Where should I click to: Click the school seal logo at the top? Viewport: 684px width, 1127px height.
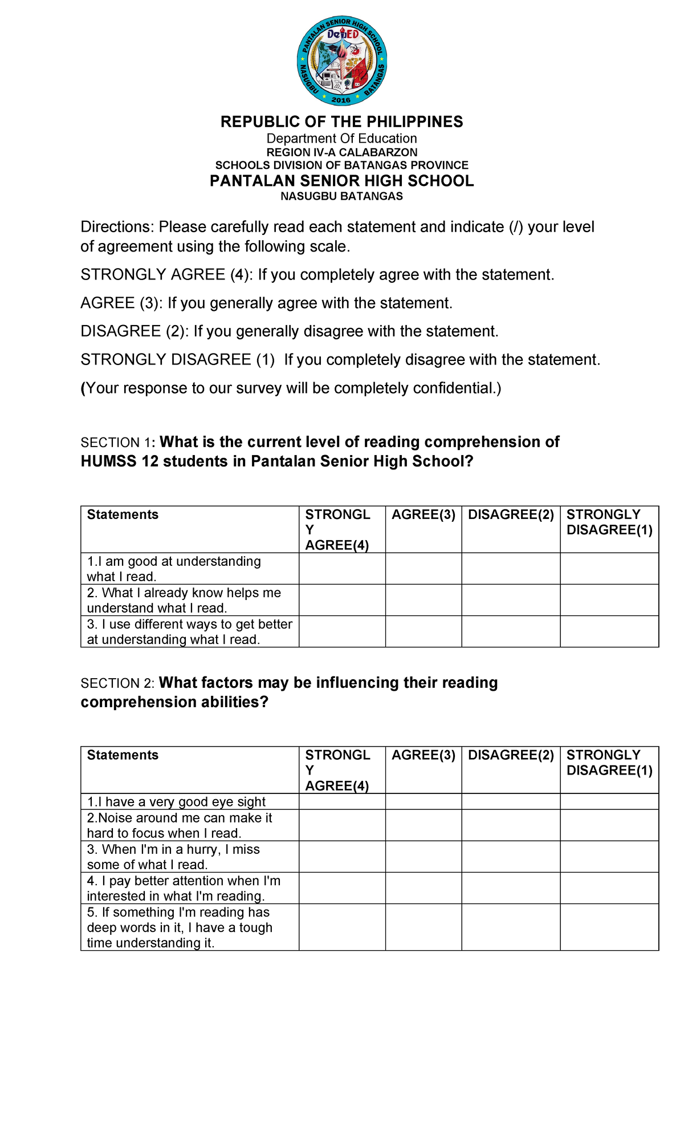[x=342, y=60]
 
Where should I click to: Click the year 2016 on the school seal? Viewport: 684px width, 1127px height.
[x=341, y=100]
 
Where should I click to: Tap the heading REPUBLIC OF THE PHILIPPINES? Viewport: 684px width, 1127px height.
[x=341, y=121]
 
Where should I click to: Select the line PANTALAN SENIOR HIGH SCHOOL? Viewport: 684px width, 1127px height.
[x=341, y=181]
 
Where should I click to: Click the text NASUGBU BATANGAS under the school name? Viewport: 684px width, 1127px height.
[x=341, y=196]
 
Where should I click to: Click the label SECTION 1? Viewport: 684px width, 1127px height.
[x=117, y=443]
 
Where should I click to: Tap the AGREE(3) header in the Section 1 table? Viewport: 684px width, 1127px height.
[x=424, y=514]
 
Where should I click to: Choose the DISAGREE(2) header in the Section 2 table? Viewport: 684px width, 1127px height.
[x=511, y=755]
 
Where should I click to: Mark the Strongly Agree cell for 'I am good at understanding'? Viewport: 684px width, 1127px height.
[x=342, y=568]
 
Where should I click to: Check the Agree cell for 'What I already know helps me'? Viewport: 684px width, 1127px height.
[x=424, y=599]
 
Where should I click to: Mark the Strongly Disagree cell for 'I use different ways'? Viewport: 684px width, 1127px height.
[x=609, y=631]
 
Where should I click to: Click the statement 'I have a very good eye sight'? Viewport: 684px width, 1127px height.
[x=177, y=801]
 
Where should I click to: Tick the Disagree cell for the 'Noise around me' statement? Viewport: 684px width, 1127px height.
[x=511, y=825]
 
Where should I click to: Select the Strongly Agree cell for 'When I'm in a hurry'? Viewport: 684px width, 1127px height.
[x=342, y=856]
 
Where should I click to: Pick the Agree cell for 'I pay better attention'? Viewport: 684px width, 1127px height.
[x=424, y=887]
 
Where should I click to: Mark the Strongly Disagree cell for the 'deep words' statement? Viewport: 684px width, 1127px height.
[x=609, y=927]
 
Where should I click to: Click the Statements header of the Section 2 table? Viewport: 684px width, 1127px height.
[x=123, y=755]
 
